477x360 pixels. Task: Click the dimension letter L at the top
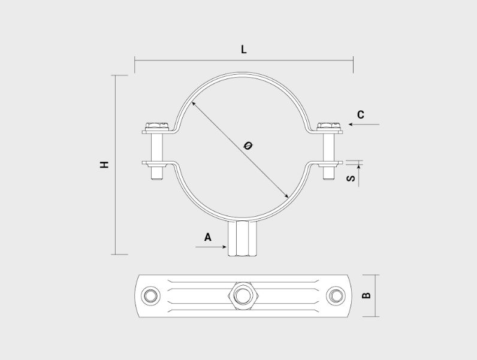pyautogui.click(x=244, y=49)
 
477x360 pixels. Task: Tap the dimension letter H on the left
pyautogui.click(x=104, y=165)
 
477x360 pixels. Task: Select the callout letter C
pyautogui.click(x=361, y=115)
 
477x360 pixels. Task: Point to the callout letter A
pyautogui.click(x=208, y=237)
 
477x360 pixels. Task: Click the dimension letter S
pyautogui.click(x=351, y=178)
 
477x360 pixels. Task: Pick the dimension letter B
pyautogui.click(x=367, y=295)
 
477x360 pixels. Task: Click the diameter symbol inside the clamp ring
pyautogui.click(x=248, y=146)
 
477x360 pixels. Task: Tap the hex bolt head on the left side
pyautogui.click(x=157, y=126)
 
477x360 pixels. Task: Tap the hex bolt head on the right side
pyautogui.click(x=329, y=126)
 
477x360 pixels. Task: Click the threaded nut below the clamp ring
pyautogui.click(x=243, y=239)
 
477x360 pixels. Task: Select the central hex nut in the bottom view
pyautogui.click(x=243, y=295)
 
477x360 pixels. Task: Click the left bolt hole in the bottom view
pyautogui.click(x=152, y=295)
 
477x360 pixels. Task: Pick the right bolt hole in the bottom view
pyautogui.click(x=336, y=295)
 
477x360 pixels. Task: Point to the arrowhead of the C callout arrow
pyautogui.click(x=351, y=125)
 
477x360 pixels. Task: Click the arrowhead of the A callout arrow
pyautogui.click(x=225, y=247)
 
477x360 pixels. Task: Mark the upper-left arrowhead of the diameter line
pyautogui.click(x=194, y=104)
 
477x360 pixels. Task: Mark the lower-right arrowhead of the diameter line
pyautogui.click(x=286, y=196)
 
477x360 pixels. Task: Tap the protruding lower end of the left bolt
pyautogui.click(x=157, y=173)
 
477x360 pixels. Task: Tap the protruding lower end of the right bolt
pyautogui.click(x=329, y=173)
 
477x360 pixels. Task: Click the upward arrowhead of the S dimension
pyautogui.click(x=359, y=167)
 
